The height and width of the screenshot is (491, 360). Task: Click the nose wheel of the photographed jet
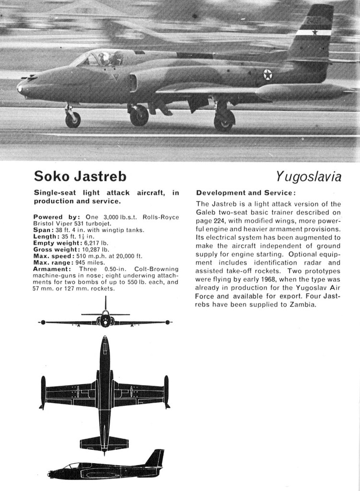pos(73,119)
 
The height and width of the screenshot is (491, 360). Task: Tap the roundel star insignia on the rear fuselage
pos(267,75)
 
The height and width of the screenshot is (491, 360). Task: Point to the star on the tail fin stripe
pos(314,33)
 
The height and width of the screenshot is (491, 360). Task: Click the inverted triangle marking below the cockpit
pos(114,77)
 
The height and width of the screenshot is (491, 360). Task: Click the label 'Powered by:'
pos(54,217)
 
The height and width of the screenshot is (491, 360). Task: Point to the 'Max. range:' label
pos(53,262)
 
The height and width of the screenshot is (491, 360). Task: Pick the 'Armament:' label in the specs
pos(52,269)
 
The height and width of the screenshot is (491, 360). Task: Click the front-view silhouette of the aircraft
pos(105,320)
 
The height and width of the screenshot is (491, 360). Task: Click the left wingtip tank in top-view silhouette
pos(43,392)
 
